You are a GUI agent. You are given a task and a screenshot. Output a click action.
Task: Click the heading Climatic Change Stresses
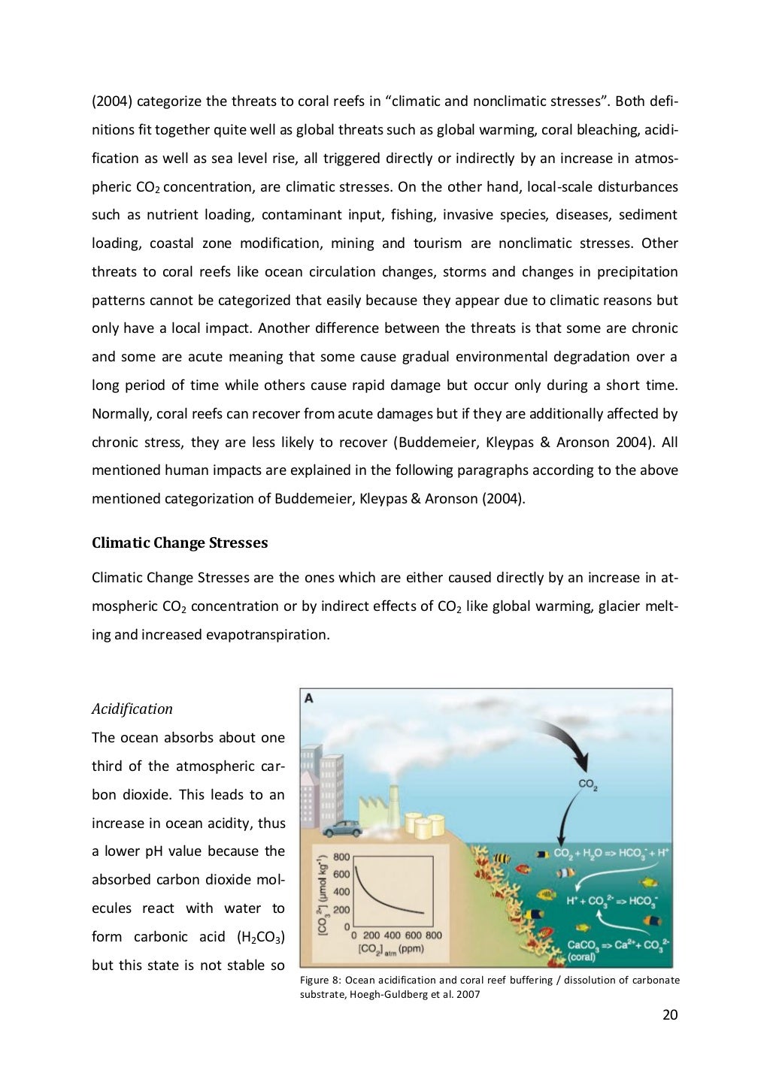pyautogui.click(x=179, y=542)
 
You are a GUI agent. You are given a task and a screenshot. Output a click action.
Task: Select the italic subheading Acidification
pyautogui.click(x=132, y=709)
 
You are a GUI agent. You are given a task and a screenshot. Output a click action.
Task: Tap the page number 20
pyautogui.click(x=670, y=1015)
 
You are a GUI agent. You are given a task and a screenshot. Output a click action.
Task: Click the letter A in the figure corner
pyautogui.click(x=308, y=699)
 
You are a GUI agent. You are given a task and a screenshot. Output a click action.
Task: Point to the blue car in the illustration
pyautogui.click(x=341, y=828)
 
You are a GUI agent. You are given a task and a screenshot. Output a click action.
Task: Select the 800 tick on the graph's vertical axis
pyautogui.click(x=341, y=857)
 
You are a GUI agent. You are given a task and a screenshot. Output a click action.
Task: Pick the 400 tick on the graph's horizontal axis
pyautogui.click(x=392, y=935)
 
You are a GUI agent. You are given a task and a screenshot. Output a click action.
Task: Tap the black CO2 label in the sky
pyautogui.click(x=587, y=784)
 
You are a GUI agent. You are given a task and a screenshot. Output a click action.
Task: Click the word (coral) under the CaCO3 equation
pyautogui.click(x=581, y=957)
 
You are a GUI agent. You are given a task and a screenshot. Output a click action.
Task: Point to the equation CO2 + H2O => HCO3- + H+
pyautogui.click(x=611, y=854)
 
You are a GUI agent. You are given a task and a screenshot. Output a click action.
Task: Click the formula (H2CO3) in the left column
pyautogui.click(x=261, y=937)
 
